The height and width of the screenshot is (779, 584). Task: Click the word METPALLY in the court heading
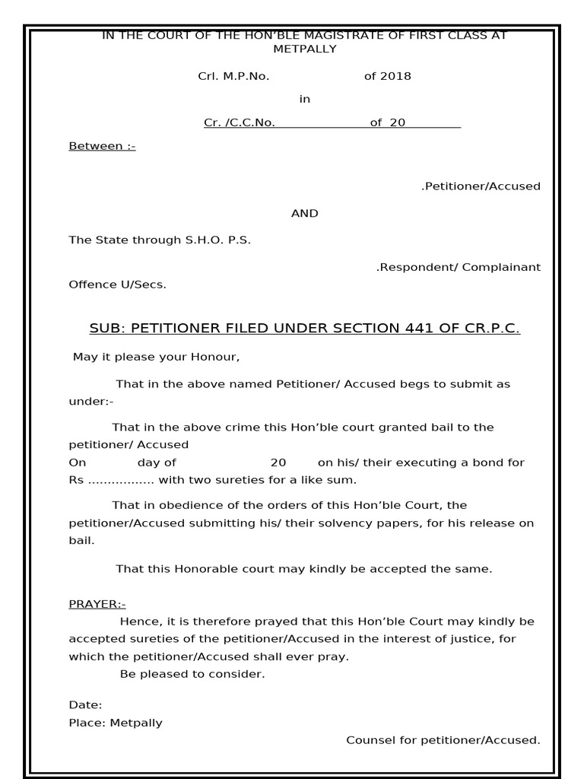304,49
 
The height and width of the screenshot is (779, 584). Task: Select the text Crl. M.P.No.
233,76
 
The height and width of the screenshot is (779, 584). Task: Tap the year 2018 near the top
396,76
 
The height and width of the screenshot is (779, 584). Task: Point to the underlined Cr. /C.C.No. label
240,122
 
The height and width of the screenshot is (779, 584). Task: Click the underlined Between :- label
102,146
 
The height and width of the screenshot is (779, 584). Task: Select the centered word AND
304,214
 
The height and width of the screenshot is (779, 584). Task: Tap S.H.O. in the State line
205,240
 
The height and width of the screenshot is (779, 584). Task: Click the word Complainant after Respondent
503,267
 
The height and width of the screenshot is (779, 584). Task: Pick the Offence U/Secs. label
117,285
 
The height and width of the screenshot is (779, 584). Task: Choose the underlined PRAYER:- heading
97,604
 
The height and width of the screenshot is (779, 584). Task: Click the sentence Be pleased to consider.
192,675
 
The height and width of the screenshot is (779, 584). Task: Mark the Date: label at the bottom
85,705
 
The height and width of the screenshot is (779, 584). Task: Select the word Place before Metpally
86,723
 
